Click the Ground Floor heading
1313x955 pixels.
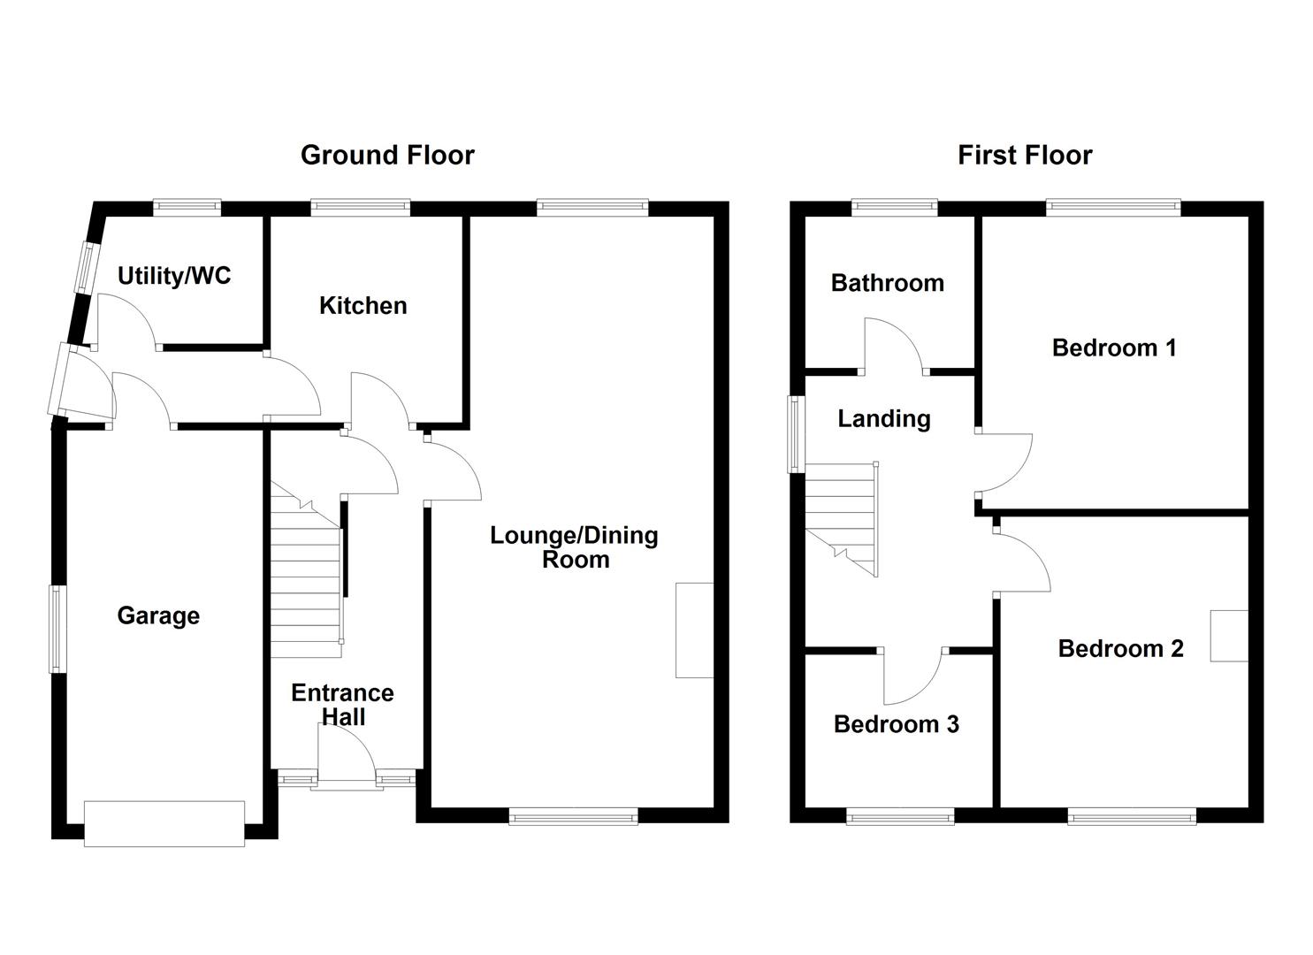pos(387,155)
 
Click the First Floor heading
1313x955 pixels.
pos(1025,156)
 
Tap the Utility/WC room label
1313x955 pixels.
pos(174,276)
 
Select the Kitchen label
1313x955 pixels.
pos(363,306)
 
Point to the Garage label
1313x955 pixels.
pos(158,615)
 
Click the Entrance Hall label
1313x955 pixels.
pos(343,705)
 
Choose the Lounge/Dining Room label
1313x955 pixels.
pos(575,547)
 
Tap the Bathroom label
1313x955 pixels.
pos(887,283)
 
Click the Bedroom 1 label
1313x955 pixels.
pos(1114,348)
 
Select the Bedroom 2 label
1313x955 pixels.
pos(1120,648)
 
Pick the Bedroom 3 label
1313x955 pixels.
pos(896,724)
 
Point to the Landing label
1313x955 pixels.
pos(884,418)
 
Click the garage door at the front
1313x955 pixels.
pos(164,823)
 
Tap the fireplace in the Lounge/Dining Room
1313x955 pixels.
pos(694,630)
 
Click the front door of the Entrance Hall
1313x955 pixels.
pos(346,756)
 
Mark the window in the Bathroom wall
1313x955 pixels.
pos(895,208)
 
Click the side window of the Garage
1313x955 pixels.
pos(57,629)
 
